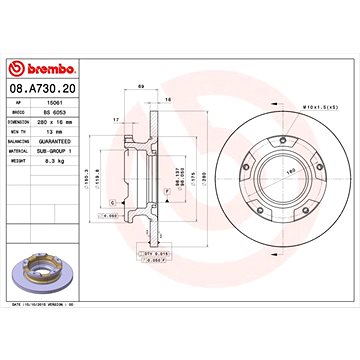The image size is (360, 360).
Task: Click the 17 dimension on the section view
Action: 116,120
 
